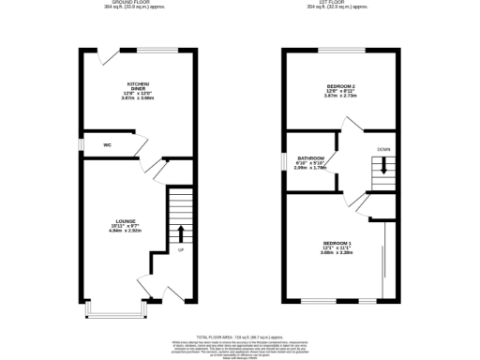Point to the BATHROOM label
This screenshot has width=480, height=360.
coord(311,157)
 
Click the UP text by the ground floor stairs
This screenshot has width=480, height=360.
coord(180,250)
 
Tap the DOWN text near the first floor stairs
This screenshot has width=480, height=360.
coord(383,149)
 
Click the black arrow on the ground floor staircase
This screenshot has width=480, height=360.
coord(180,232)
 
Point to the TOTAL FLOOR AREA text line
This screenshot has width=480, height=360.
coord(240,336)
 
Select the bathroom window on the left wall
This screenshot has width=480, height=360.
coord(286,161)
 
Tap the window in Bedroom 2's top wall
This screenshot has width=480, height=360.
coord(347,49)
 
